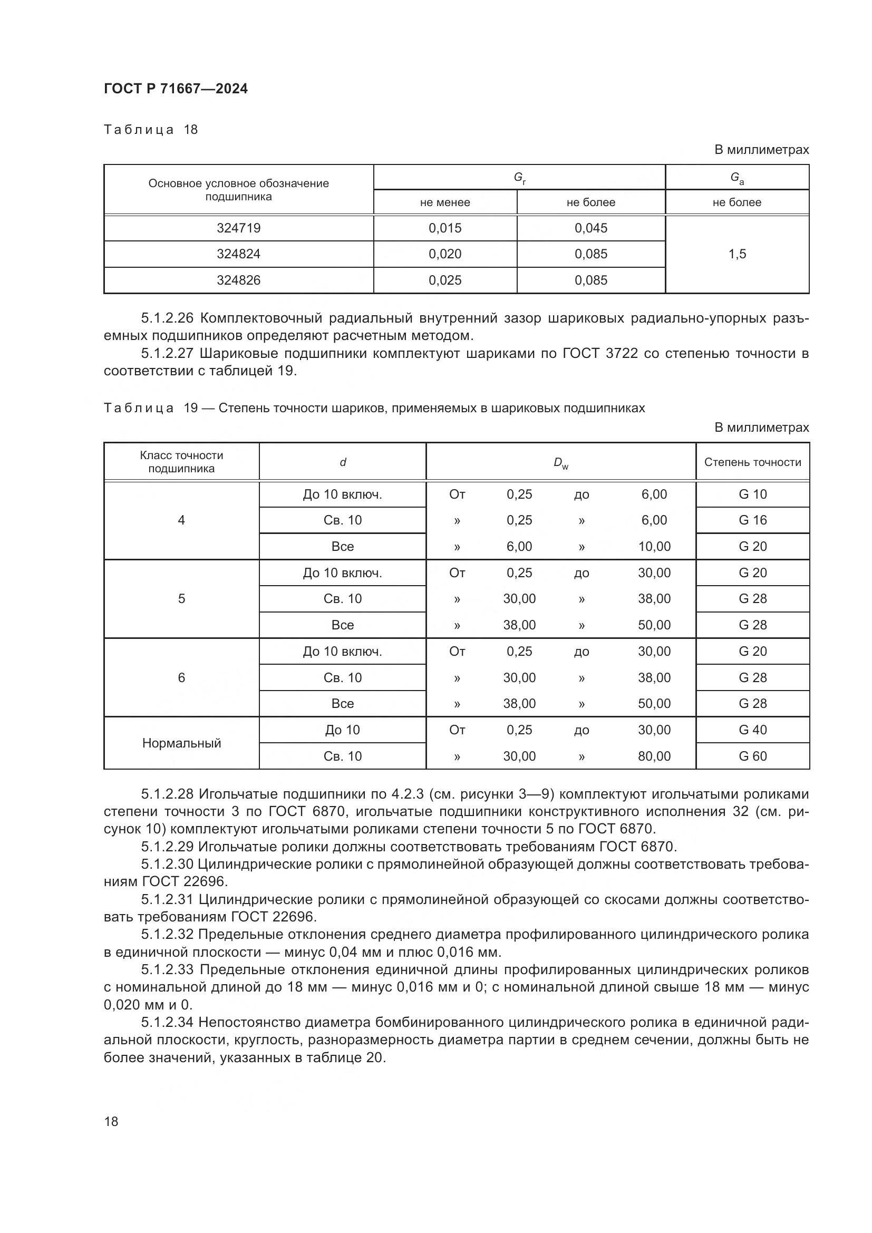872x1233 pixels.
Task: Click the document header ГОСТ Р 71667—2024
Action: (x=176, y=89)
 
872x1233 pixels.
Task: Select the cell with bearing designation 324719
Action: (x=238, y=228)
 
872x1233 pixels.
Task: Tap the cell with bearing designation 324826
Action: (x=238, y=280)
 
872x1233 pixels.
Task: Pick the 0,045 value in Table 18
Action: (x=590, y=228)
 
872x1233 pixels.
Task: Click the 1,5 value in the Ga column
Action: (x=737, y=254)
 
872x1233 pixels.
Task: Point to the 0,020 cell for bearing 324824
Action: (x=444, y=254)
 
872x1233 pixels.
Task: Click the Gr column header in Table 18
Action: (x=519, y=178)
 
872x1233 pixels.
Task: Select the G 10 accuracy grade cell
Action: (x=752, y=494)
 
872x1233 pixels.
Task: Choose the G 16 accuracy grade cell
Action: (x=752, y=520)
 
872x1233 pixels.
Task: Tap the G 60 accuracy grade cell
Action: (x=752, y=756)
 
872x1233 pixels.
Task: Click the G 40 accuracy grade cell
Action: (x=752, y=730)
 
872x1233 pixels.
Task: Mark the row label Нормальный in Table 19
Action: (x=181, y=743)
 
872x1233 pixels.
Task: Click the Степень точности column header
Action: (x=752, y=462)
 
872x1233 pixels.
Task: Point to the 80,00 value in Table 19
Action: (x=654, y=756)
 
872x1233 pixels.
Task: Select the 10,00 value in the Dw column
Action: (x=654, y=547)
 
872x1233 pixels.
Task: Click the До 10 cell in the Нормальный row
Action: (x=342, y=730)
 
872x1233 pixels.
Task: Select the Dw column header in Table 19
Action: (x=560, y=462)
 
